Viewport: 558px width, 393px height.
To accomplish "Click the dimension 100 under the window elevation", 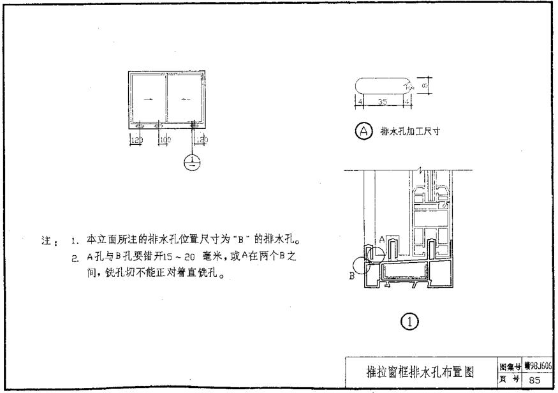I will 165,138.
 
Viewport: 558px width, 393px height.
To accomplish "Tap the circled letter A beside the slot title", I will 363,131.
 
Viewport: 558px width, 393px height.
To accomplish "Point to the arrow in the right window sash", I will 186,99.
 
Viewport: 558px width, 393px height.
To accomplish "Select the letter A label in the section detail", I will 382,238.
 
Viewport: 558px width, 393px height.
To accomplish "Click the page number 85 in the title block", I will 536,380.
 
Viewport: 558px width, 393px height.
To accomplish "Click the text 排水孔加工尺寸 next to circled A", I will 411,132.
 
